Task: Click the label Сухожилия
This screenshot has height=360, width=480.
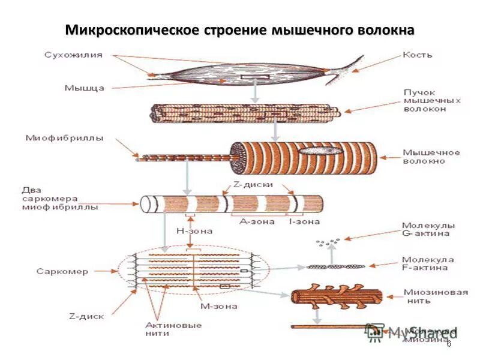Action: tap(73, 55)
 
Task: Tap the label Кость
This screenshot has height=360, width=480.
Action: tap(417, 55)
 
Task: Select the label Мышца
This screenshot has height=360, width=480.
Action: tap(85, 88)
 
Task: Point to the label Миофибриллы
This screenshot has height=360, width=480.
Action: tap(64, 138)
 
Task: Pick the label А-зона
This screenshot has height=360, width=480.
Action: tap(257, 221)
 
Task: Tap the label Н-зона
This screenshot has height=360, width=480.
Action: tap(193, 230)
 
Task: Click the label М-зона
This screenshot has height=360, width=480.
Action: tap(218, 306)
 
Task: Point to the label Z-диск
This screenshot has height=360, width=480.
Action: tap(87, 316)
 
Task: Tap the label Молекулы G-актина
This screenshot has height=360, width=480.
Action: tap(428, 230)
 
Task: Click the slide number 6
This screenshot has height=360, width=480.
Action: tap(449, 343)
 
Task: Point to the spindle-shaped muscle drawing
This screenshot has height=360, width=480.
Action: tap(240, 76)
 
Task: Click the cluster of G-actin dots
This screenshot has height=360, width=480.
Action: tap(327, 242)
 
